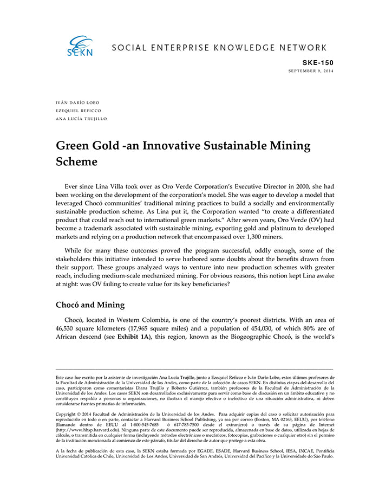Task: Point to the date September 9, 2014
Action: (x=311, y=71)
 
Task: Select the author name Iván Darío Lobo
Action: (x=77, y=102)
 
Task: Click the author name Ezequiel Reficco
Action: (x=79, y=111)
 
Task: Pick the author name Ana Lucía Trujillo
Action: (x=81, y=119)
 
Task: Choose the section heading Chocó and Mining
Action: (x=90, y=305)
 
